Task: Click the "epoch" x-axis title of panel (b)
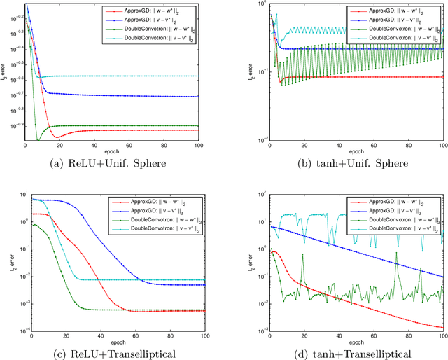(x=356, y=152)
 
